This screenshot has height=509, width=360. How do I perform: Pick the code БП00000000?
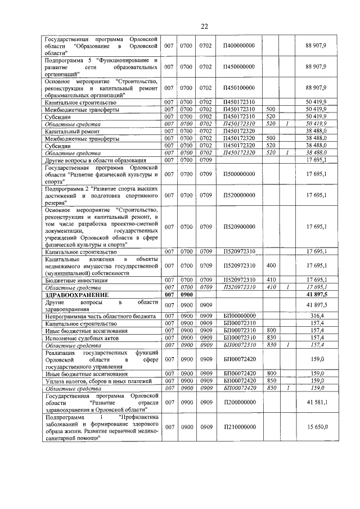(238, 316)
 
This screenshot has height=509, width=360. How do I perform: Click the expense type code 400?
(271, 265)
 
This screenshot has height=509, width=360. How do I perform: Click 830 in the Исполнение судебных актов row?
(271, 338)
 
